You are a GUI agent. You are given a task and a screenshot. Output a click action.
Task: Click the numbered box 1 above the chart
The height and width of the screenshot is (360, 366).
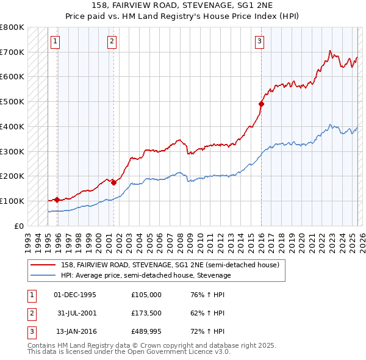coord(55,41)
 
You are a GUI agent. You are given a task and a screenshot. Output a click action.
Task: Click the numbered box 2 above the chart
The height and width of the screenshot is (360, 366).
coord(112,41)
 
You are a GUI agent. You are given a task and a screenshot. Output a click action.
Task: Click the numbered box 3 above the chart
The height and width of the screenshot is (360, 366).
coord(259,41)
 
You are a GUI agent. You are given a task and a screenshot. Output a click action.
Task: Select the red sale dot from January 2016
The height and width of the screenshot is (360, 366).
coord(261,104)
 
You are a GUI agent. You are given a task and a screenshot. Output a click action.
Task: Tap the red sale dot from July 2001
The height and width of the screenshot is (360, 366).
coord(114,182)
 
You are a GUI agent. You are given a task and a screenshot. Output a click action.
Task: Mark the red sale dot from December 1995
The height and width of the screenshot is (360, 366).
coord(57,200)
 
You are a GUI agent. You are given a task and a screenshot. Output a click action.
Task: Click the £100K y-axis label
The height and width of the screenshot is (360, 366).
coord(12,201)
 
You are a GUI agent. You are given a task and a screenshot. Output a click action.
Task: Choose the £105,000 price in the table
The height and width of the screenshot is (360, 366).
coord(146,295)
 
